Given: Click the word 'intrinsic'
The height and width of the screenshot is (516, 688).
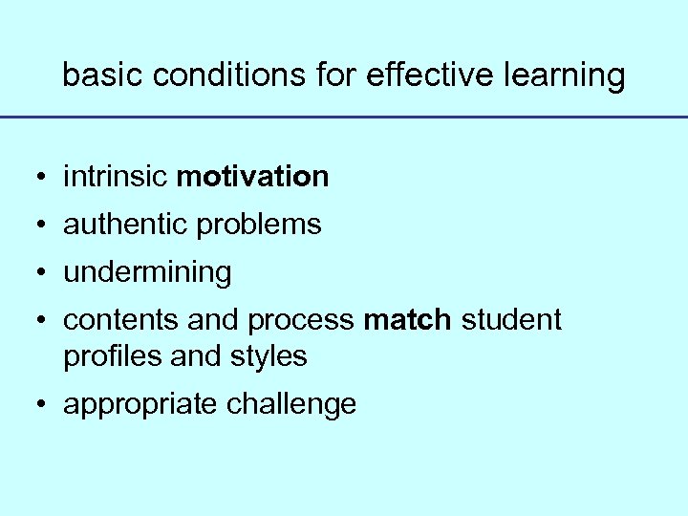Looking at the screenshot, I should point(117,177).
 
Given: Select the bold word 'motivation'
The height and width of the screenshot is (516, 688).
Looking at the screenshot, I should point(253,177).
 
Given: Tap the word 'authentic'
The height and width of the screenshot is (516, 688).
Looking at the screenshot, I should point(125,225).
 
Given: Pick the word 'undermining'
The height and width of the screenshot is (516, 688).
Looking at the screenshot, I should point(147,273).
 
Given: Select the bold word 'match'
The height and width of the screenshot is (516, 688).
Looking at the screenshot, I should point(407,320).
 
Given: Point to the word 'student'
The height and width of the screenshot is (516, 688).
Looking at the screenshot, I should point(511,320).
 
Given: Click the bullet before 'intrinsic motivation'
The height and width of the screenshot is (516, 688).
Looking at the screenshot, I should point(40,178).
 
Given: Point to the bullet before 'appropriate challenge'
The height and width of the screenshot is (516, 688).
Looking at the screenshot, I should point(40,405).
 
